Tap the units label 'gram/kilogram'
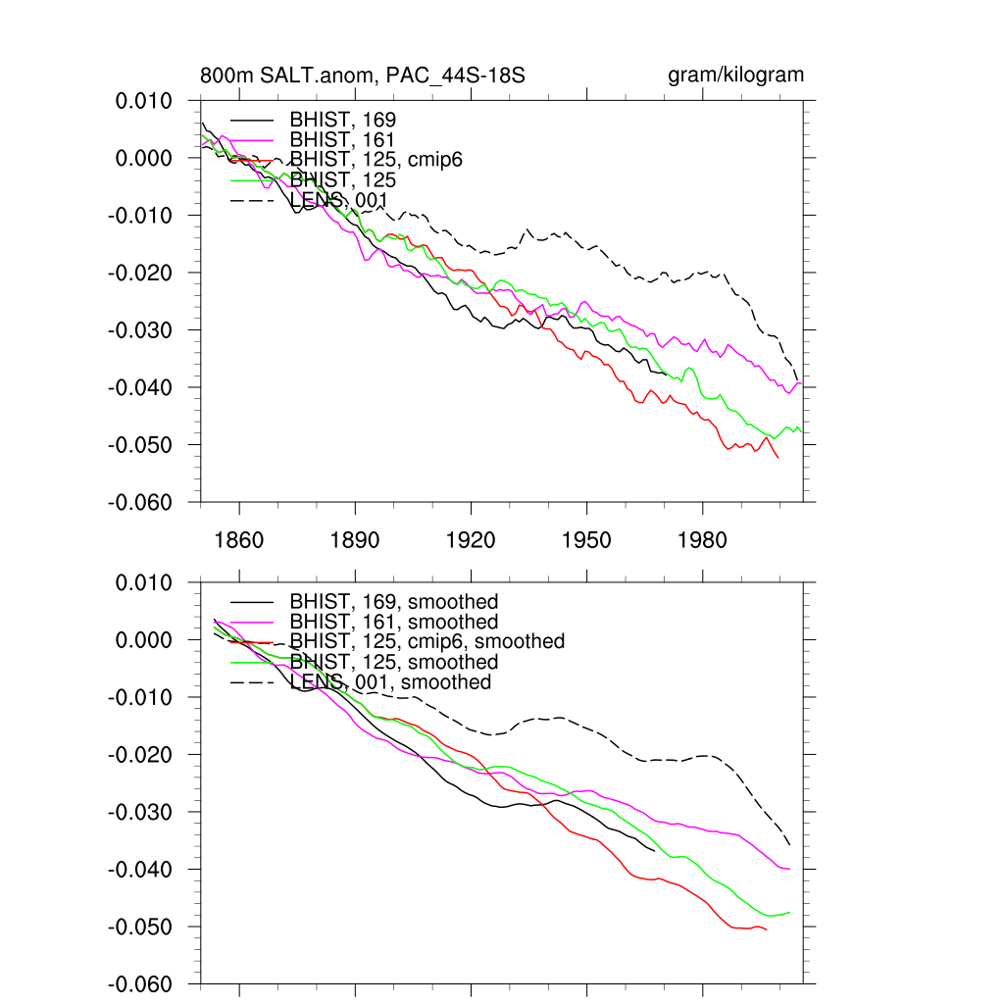735,75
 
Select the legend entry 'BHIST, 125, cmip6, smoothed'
427,641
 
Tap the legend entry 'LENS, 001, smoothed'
391,682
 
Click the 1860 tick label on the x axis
239,540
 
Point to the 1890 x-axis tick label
355,540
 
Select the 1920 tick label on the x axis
471,540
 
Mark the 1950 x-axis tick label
586,540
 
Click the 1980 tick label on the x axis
702,540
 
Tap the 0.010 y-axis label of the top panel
144,101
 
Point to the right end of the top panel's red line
778,458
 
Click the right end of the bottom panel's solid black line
655,851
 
